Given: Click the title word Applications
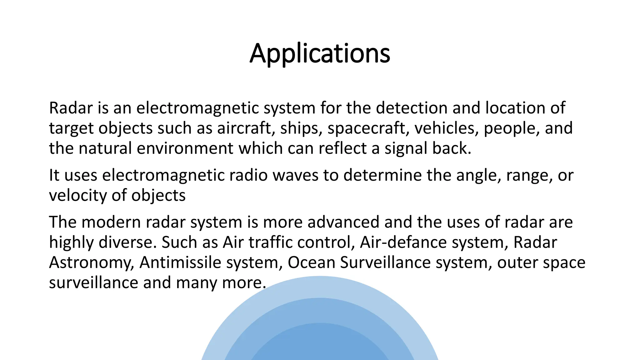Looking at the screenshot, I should (320, 53).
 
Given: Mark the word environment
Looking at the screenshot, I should (185, 148).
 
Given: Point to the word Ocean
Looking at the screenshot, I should (311, 262).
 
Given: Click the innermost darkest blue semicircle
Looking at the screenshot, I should (320, 344).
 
